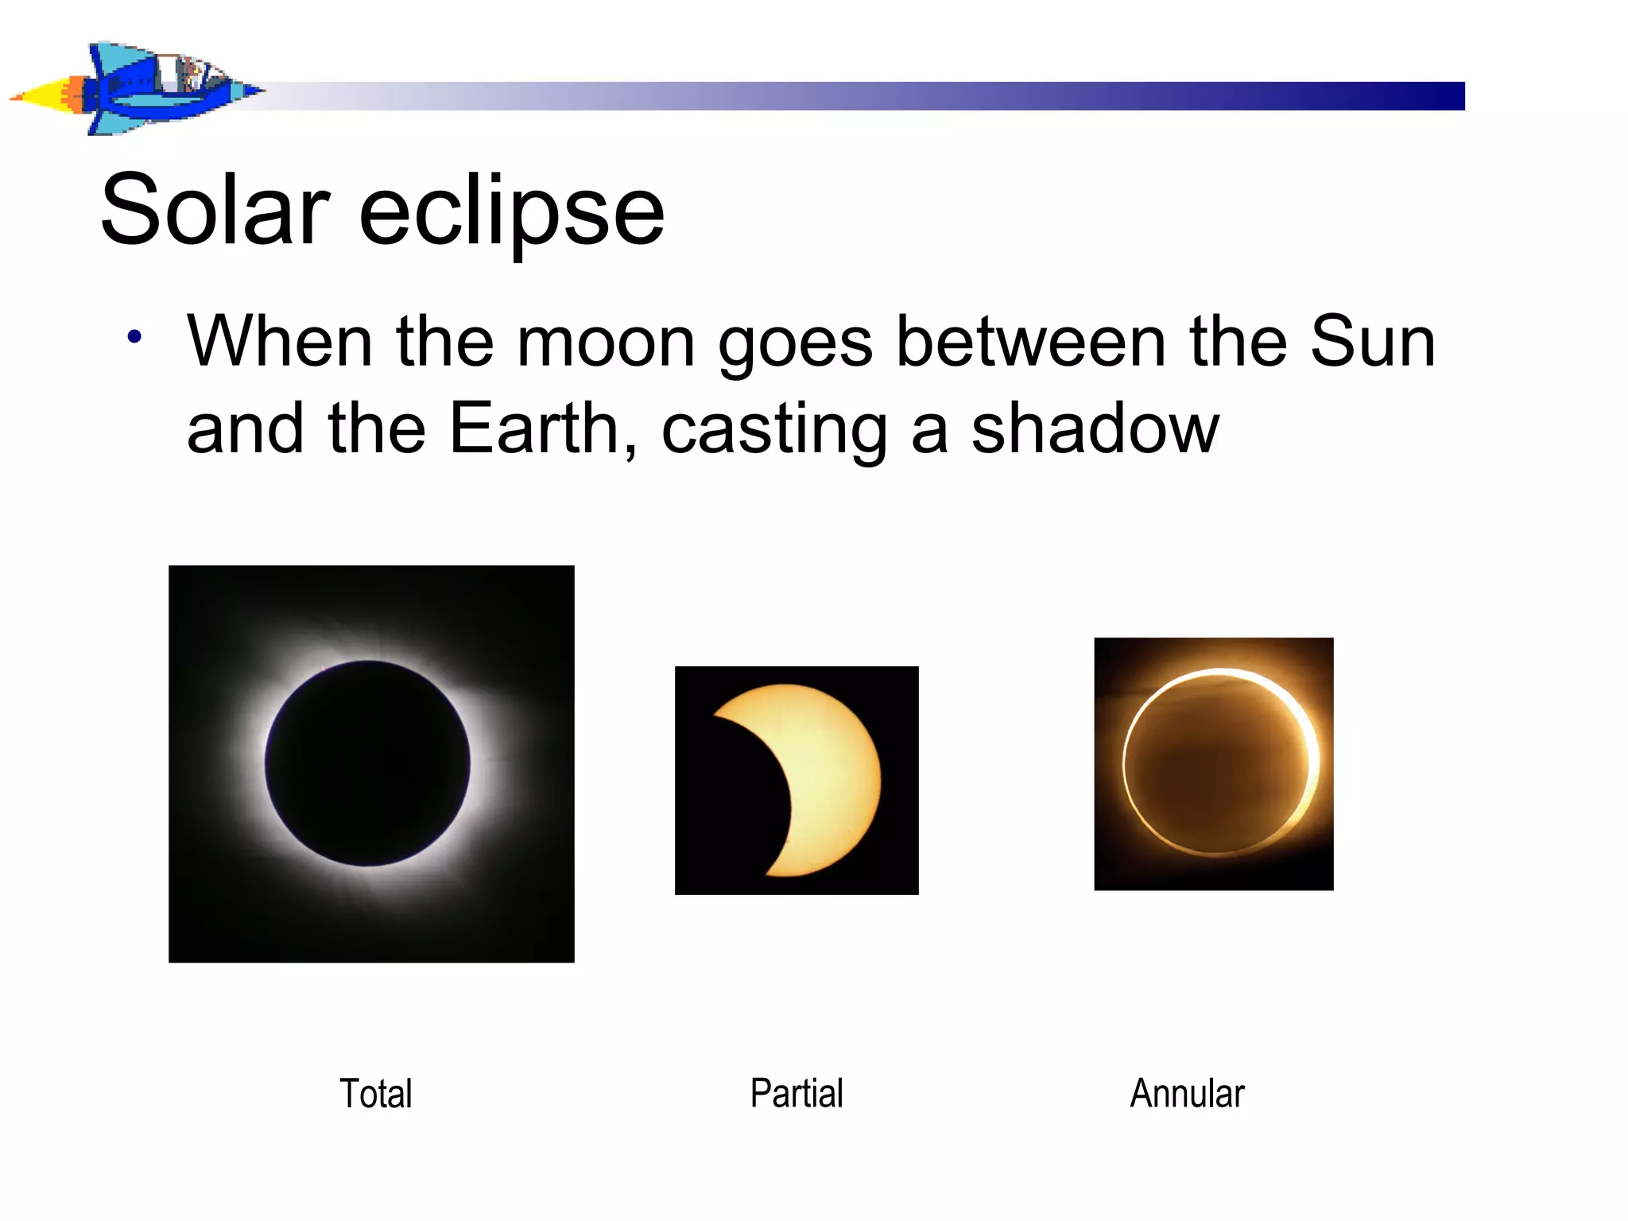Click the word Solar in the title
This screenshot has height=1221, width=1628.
(215, 211)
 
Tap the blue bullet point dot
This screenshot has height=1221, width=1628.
(134, 337)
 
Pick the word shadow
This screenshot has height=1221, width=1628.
(1095, 429)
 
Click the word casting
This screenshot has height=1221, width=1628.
(773, 431)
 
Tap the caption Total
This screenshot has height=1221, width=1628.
(376, 1093)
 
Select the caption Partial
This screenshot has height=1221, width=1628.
(797, 1093)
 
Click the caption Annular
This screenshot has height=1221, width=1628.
(1187, 1093)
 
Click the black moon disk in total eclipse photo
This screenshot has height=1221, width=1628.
(367, 763)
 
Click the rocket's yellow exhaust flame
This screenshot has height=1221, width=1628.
(40, 97)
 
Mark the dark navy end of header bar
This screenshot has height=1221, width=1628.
(1439, 95)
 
